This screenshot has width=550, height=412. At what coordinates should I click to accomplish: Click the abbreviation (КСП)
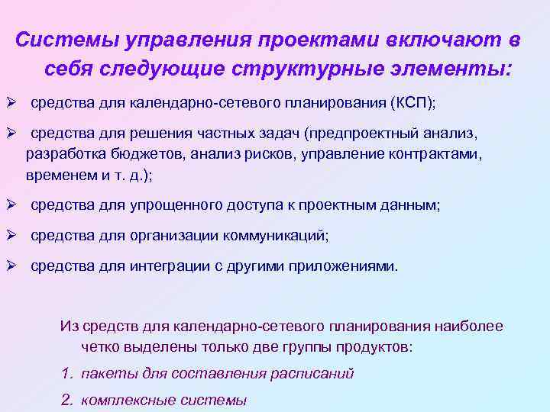click(412, 103)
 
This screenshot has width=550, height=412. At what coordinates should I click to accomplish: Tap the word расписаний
click(310, 374)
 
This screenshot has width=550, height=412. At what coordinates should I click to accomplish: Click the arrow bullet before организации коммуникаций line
click(12, 235)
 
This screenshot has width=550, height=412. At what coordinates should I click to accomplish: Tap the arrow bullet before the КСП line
click(12, 102)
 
